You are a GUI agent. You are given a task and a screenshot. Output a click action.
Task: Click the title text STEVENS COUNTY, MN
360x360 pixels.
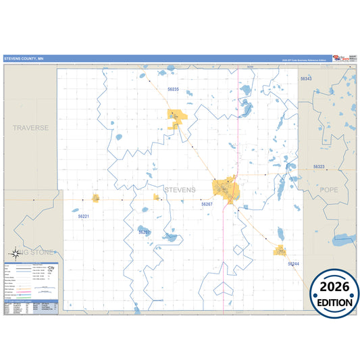(23, 59)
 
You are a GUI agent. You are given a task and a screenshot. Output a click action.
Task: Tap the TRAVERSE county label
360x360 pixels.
(30, 127)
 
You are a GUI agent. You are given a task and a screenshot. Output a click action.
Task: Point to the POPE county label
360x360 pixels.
(328, 190)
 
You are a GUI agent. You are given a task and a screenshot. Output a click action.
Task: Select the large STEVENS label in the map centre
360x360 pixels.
(180, 190)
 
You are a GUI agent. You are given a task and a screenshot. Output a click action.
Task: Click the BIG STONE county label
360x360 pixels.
(33, 251)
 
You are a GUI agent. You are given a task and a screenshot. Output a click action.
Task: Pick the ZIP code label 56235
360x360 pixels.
(173, 90)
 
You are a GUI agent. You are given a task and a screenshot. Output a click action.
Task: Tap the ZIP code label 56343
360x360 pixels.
(306, 79)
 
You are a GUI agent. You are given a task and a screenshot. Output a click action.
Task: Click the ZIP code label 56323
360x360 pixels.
(319, 167)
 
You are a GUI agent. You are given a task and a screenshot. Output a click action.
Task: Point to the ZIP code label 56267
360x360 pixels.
(207, 203)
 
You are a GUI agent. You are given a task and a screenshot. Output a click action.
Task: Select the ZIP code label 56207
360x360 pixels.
(145, 232)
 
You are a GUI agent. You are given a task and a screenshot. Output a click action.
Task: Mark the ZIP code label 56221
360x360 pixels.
(83, 217)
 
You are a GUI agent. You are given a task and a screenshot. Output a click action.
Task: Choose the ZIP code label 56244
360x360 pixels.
(293, 263)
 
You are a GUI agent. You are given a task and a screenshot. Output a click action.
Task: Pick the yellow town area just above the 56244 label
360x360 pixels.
(279, 251)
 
